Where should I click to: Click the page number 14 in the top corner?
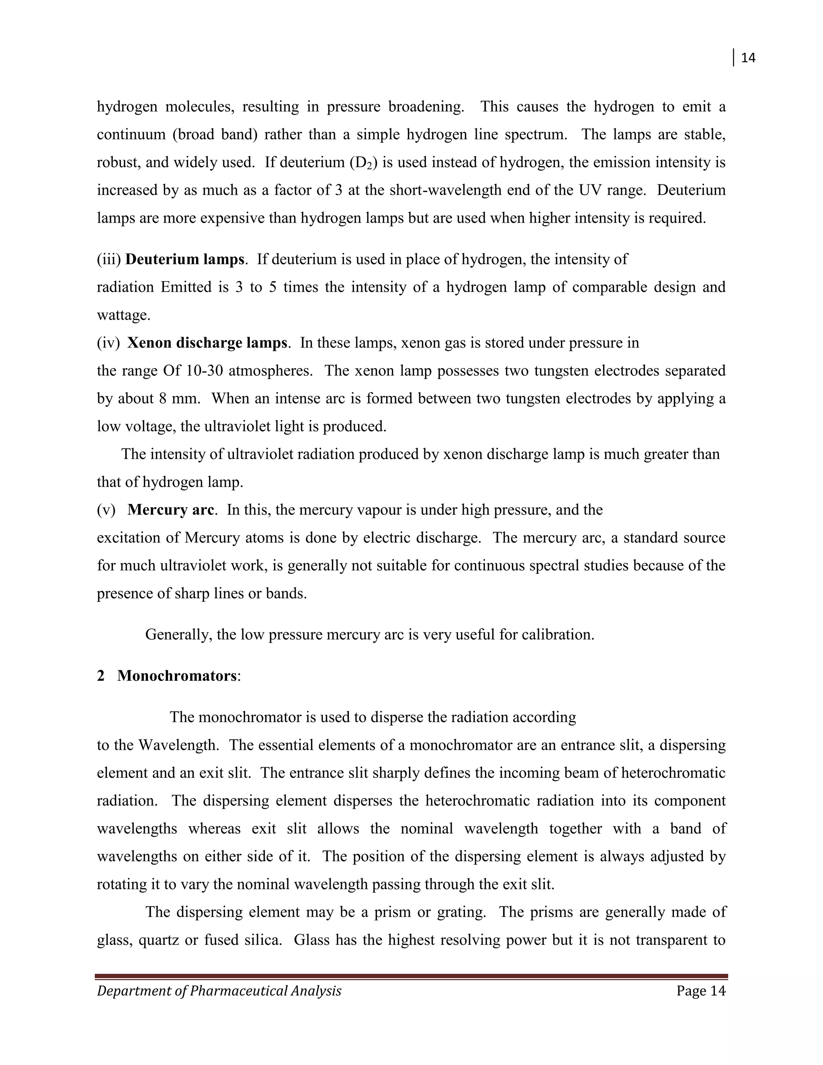click(x=748, y=58)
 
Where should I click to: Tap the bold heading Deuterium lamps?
click(x=185, y=259)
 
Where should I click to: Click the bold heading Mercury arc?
click(x=171, y=510)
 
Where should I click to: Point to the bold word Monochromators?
click(x=176, y=676)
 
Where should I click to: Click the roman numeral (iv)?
click(x=108, y=343)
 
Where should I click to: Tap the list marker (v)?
click(x=106, y=510)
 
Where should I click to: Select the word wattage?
click(x=123, y=315)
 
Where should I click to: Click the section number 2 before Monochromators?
click(x=101, y=676)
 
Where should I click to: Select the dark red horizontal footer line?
click(x=411, y=977)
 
